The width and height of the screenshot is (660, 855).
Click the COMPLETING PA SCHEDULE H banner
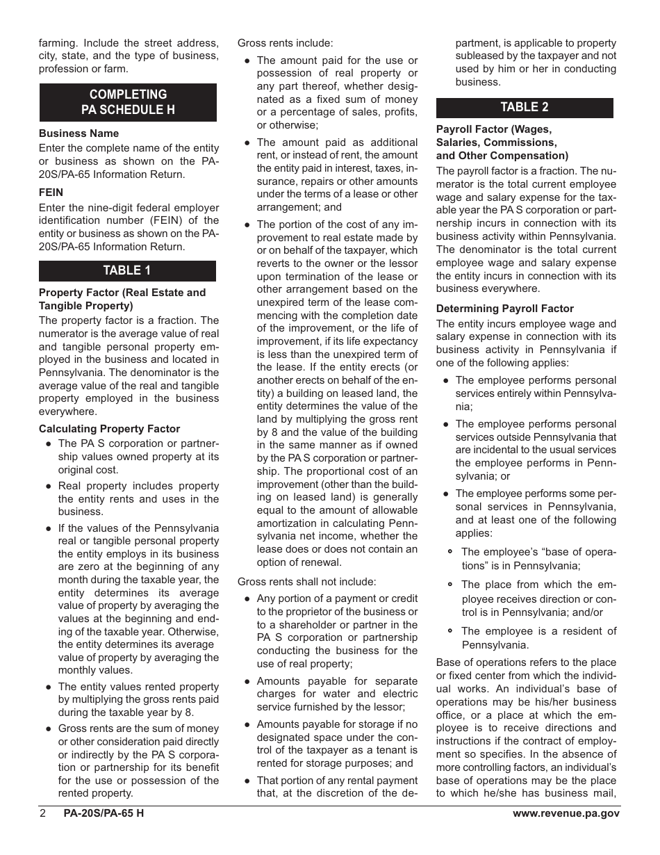point(128,102)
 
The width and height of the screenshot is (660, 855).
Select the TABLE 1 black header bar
point(127,270)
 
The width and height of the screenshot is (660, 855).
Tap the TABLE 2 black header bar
point(525,107)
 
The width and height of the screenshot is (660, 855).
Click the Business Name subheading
point(79,133)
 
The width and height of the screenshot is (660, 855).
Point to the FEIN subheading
point(51,193)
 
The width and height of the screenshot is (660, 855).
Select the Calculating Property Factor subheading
point(109,429)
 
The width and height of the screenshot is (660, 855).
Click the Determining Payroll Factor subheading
point(505,309)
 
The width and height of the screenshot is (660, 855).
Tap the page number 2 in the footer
point(42,814)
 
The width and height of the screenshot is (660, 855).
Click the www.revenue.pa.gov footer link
point(566,814)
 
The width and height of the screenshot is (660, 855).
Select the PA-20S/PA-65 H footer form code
point(104,814)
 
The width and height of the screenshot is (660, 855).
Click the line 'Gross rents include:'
point(285,43)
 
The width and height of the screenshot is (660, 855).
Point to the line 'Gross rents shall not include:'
point(306,581)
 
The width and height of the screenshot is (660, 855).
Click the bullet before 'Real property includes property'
point(48,487)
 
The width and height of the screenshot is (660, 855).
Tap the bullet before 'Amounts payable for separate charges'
point(247,681)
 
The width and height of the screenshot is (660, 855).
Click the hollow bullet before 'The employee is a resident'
point(451,631)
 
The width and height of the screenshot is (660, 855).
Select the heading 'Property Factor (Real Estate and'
point(122,293)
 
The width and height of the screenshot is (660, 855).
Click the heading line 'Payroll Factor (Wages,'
point(493,129)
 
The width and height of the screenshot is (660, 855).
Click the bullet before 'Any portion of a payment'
point(247,598)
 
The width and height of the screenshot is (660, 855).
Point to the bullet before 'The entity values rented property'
point(48,687)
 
